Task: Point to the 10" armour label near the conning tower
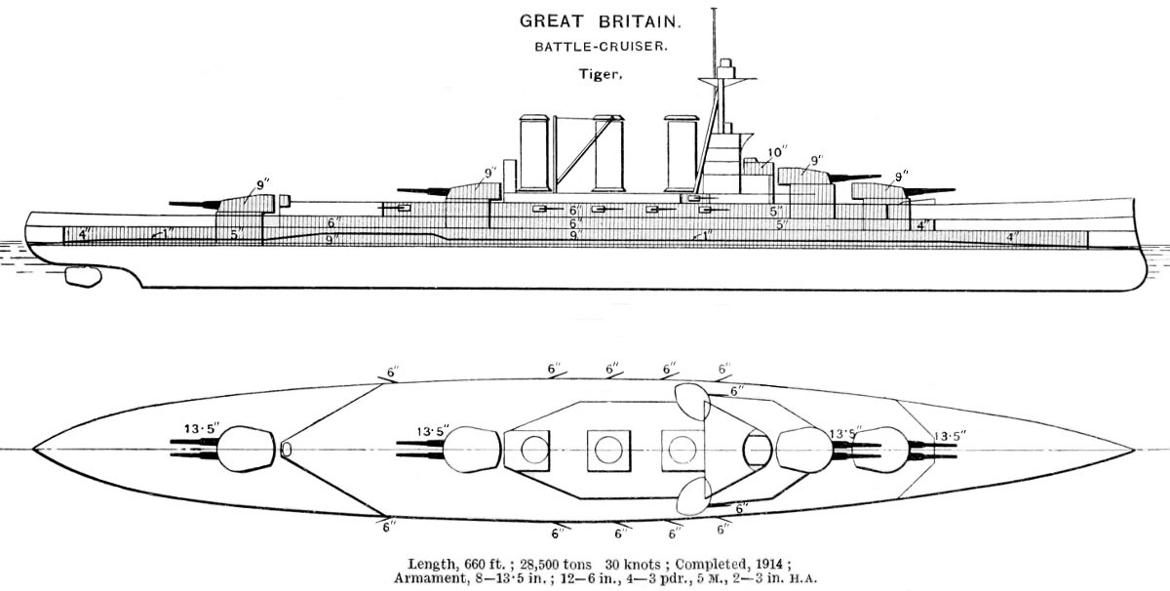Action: click(776, 152)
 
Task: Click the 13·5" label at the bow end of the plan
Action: click(954, 436)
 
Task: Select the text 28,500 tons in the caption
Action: click(540, 564)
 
